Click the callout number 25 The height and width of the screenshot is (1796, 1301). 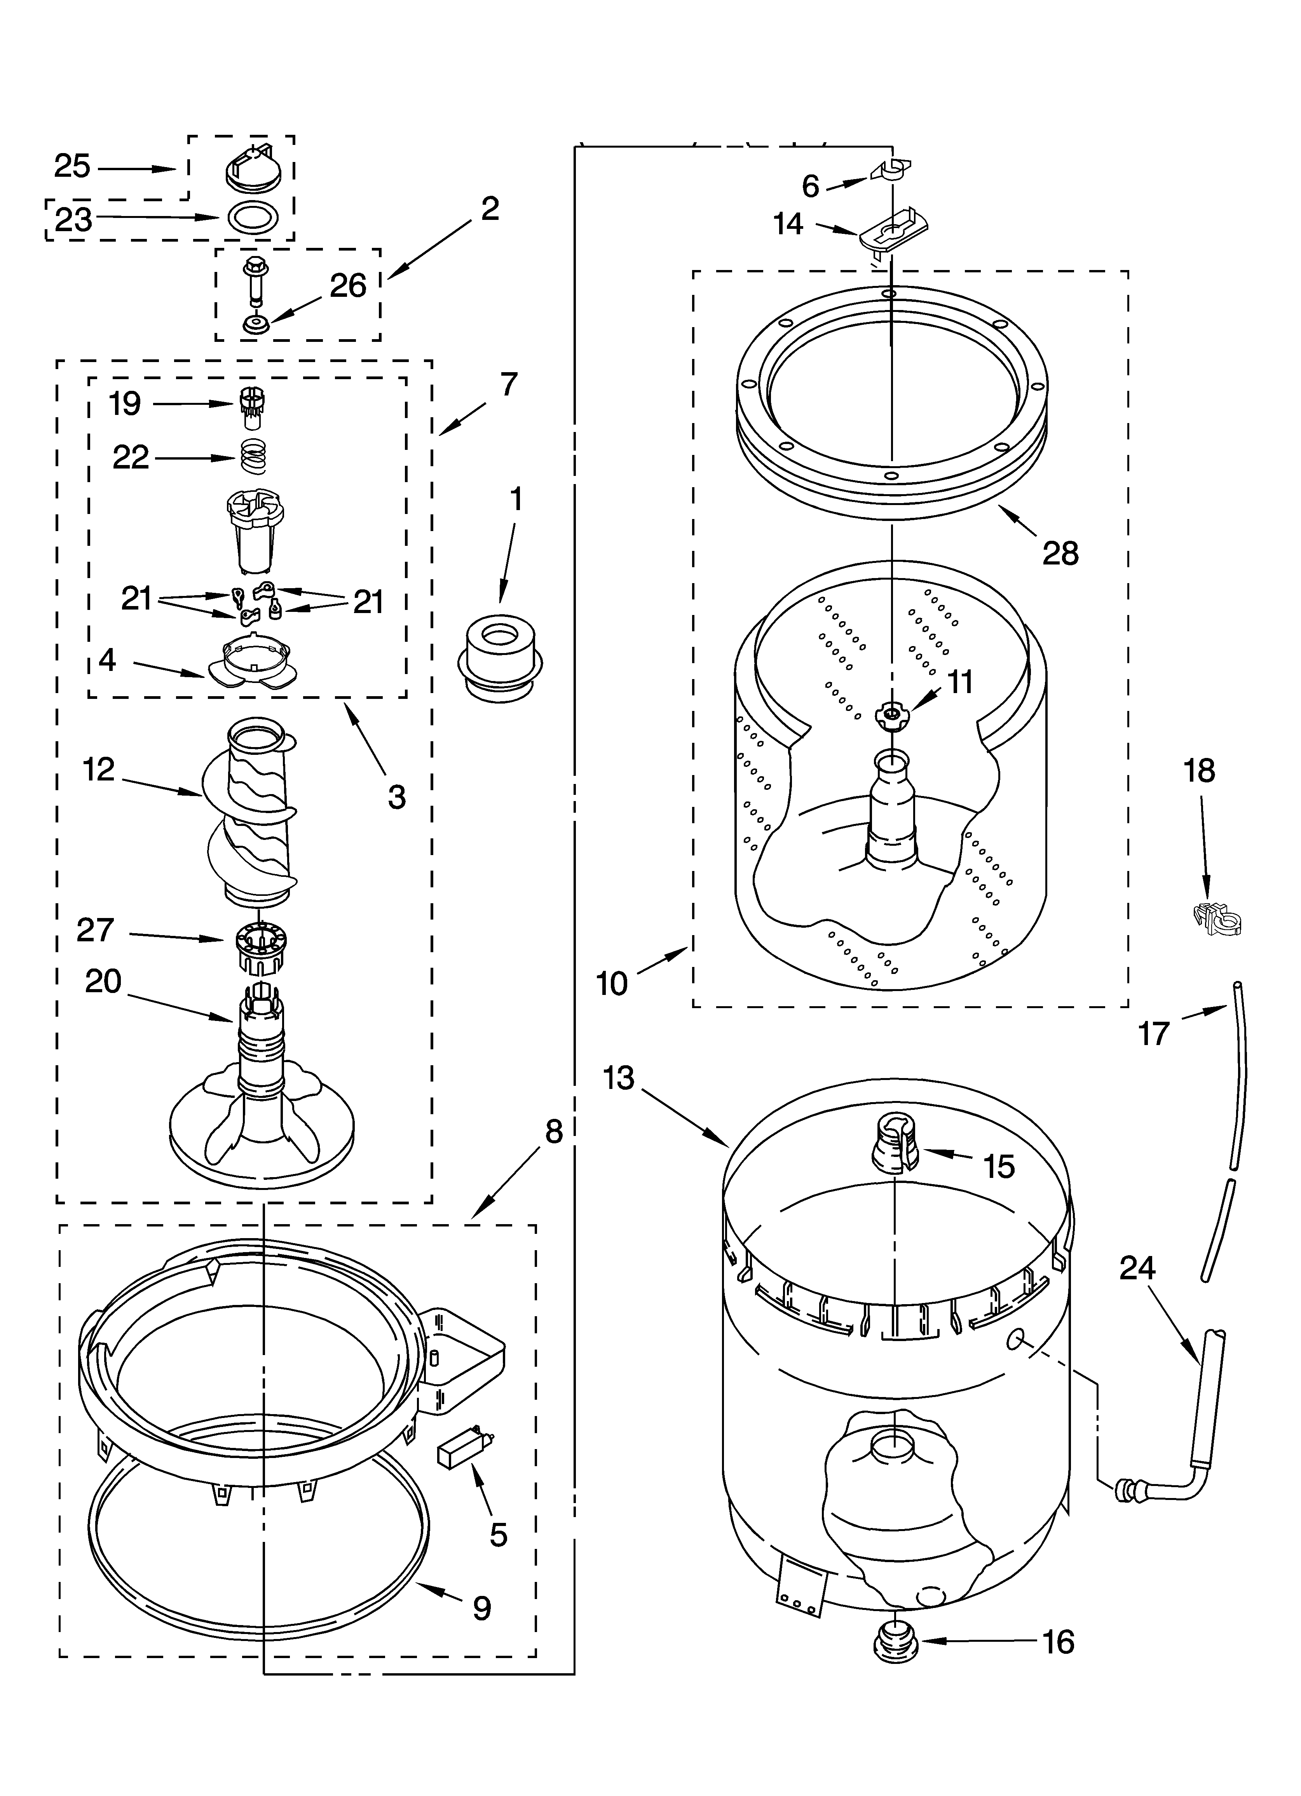(x=72, y=166)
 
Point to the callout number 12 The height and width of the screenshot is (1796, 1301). (x=98, y=769)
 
